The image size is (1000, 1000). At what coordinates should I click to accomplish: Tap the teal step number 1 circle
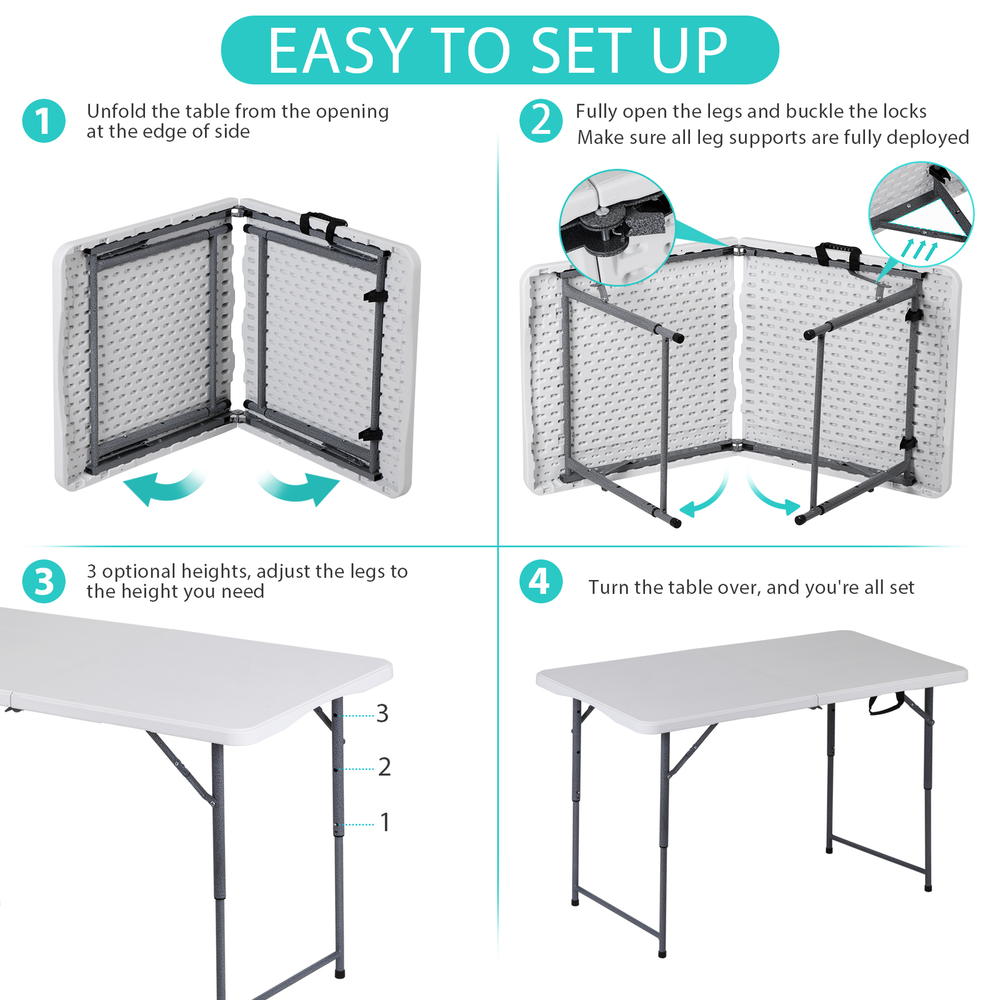pyautogui.click(x=44, y=121)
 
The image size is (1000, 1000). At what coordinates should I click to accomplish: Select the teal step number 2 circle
pyautogui.click(x=541, y=121)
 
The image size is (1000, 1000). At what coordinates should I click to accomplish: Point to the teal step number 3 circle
pyautogui.click(x=44, y=581)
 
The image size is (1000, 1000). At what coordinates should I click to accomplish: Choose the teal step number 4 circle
pyautogui.click(x=541, y=581)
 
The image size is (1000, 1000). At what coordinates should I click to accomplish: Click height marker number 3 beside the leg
pyautogui.click(x=382, y=713)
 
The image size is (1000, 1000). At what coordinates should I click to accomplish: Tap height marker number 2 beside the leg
pyautogui.click(x=384, y=767)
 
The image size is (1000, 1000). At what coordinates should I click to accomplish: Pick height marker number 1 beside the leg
pyautogui.click(x=385, y=822)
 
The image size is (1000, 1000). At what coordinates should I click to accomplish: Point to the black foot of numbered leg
pyautogui.click(x=339, y=972)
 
